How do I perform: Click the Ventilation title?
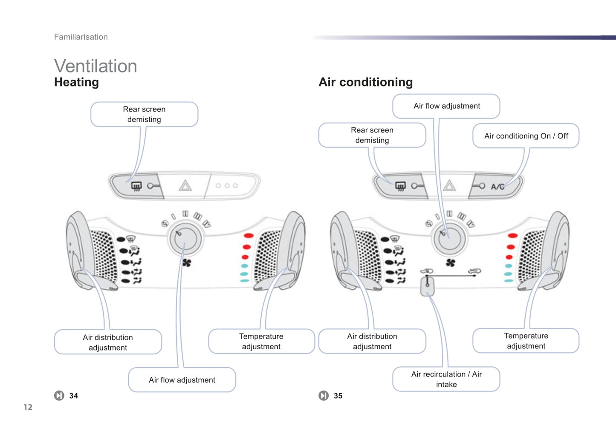[95, 66]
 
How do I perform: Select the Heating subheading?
[76, 82]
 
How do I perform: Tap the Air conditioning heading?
[365, 82]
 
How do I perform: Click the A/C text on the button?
[497, 187]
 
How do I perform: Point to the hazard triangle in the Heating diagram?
[185, 186]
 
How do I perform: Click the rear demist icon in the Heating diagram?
[136, 186]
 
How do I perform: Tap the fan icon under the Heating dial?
[187, 262]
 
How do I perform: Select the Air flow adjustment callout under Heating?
[182, 379]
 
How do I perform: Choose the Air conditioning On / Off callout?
[526, 136]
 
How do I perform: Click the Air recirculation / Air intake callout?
[446, 379]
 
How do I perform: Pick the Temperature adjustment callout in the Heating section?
[261, 341]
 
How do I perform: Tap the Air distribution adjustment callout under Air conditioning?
[372, 341]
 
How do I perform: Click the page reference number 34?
[74, 396]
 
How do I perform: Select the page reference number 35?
[338, 396]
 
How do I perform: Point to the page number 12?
[28, 407]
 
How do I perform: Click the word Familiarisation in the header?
[81, 37]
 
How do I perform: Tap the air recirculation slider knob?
[427, 286]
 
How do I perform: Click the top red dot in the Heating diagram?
[249, 236]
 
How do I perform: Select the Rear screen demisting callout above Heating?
[144, 114]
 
